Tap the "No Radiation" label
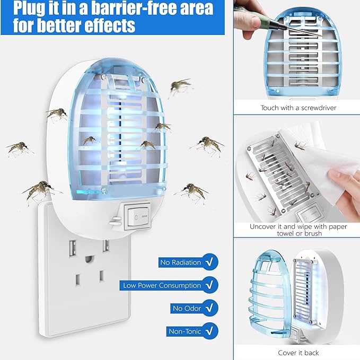click(x=181, y=262)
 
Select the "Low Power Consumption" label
click(x=162, y=285)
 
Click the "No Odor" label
click(x=186, y=308)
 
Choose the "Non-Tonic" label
click(x=185, y=331)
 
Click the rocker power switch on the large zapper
click(x=136, y=215)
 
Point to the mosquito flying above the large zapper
click(x=180, y=85)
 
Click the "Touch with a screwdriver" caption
click(x=298, y=108)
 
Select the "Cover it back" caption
click(x=298, y=353)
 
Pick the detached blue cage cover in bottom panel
click(x=268, y=297)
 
